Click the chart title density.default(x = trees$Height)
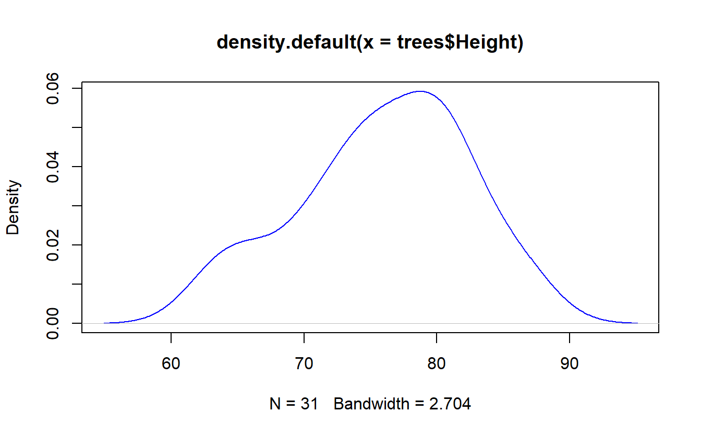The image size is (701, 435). click(x=370, y=42)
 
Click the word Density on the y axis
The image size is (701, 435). click(x=13, y=207)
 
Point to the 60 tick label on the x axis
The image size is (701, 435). click(x=172, y=363)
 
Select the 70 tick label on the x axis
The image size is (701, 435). click(x=304, y=363)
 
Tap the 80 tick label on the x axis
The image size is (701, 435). click(x=437, y=363)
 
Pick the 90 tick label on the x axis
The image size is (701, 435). click(x=569, y=363)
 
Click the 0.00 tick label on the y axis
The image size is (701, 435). click(x=53, y=323)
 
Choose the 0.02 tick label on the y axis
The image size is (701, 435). click(x=53, y=245)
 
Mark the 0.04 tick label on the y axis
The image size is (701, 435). click(x=53, y=167)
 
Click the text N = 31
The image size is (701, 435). click(x=294, y=404)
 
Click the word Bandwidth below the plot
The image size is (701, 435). click(x=371, y=404)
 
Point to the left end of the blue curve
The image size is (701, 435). click(x=104, y=323)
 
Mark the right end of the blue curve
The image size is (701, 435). click(x=637, y=323)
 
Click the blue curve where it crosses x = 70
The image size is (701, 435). click(x=304, y=203)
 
